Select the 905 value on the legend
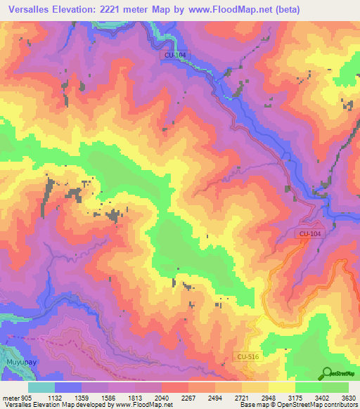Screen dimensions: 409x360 click(25, 397)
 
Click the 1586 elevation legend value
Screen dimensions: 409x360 click(108, 397)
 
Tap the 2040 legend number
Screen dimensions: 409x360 click(162, 397)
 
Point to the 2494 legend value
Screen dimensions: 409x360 click(215, 397)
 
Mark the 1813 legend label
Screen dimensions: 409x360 click(135, 397)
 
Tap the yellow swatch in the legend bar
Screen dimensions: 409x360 click(282, 387)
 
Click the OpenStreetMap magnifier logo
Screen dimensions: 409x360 click(327, 373)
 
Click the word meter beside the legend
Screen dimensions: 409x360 click(10, 397)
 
